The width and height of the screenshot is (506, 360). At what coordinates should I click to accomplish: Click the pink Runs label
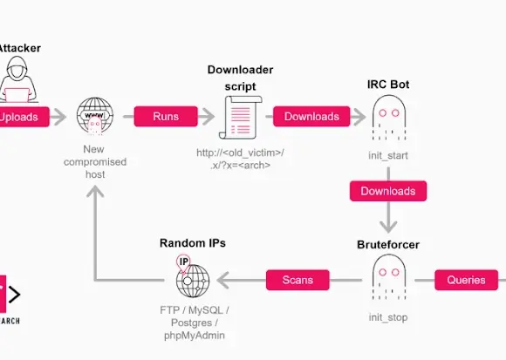pyautogui.click(x=166, y=116)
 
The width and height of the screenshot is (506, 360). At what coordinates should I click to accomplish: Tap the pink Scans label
pyautogui.click(x=297, y=280)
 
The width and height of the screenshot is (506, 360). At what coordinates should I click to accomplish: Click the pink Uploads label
pyautogui.click(x=19, y=116)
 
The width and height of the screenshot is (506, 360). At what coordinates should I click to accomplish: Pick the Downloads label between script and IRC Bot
pyautogui.click(x=311, y=116)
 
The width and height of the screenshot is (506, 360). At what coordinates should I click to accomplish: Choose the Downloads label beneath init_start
pyautogui.click(x=388, y=190)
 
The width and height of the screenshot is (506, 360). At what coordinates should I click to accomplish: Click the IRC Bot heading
pyautogui.click(x=388, y=85)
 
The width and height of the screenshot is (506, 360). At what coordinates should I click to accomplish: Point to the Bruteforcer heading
pyautogui.click(x=388, y=244)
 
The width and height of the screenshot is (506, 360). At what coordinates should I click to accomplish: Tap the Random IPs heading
pyautogui.click(x=193, y=242)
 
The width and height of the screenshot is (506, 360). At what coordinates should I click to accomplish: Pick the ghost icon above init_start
pyautogui.click(x=388, y=117)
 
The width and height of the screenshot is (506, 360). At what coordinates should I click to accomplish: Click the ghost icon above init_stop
pyautogui.click(x=388, y=278)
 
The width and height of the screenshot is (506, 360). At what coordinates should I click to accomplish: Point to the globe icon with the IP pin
pyautogui.click(x=192, y=278)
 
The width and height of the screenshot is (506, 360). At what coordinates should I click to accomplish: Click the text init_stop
pyautogui.click(x=388, y=317)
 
